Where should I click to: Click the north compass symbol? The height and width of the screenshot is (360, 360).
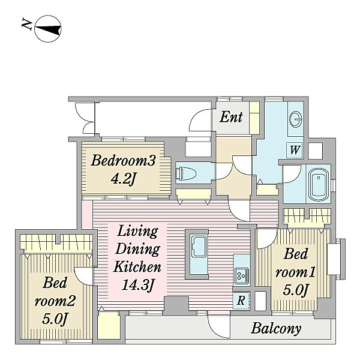pos(48,29)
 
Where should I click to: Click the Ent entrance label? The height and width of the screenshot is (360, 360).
pos(231,117)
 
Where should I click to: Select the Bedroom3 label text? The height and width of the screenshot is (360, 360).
pos(123,160)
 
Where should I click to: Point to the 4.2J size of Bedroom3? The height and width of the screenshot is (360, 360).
pos(123,178)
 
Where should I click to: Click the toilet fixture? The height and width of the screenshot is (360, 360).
pos(185,173)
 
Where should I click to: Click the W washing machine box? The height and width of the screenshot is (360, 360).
pos(295,150)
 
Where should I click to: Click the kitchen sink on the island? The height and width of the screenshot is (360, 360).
pos(199,247)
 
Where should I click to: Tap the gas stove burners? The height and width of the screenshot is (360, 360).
pos(242,275)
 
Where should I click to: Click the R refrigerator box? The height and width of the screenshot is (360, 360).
pos(241,300)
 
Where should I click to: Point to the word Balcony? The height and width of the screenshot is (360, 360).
pos(276,329)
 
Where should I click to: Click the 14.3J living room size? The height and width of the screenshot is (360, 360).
pos(137,285)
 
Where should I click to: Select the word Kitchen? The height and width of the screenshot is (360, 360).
pos(137,266)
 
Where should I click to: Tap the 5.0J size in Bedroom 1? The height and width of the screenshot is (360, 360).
pos(295,290)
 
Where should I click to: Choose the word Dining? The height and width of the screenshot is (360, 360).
pos(137,249)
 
